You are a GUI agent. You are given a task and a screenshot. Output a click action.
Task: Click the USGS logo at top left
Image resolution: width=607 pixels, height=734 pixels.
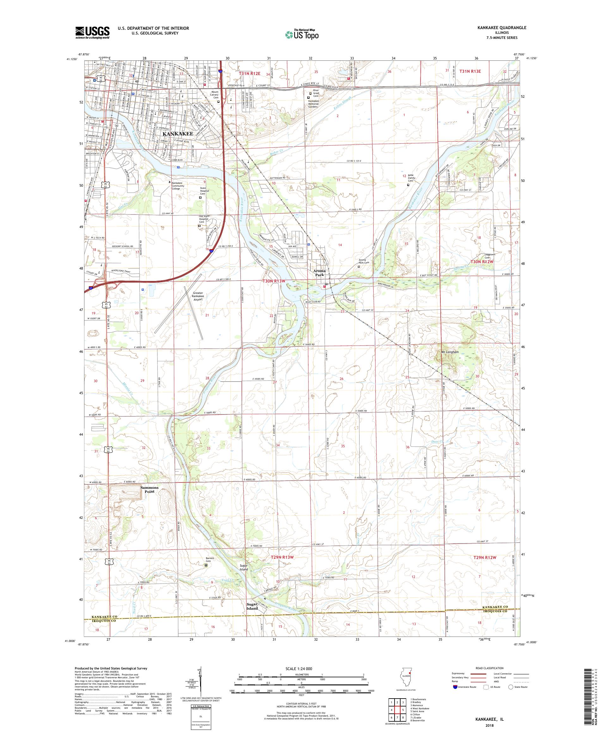click(x=92, y=33)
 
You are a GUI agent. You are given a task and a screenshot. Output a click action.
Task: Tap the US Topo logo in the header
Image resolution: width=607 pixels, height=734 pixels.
click(x=302, y=34)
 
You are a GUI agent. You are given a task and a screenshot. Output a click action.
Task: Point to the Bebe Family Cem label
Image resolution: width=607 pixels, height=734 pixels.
click(x=410, y=179)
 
